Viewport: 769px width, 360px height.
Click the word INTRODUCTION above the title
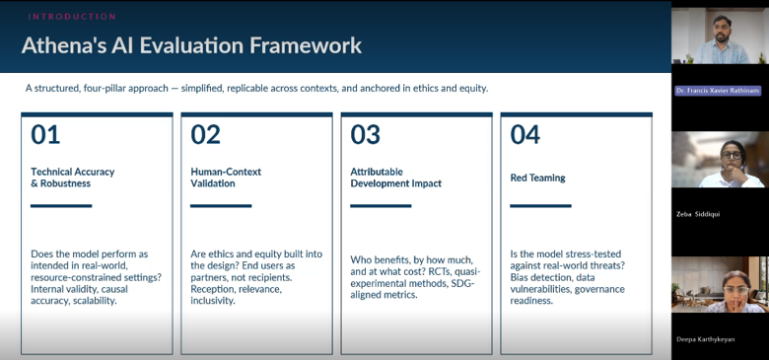(x=72, y=17)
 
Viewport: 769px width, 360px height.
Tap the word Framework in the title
(x=306, y=45)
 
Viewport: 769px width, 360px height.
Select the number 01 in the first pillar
(x=45, y=134)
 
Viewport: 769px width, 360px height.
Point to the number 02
(x=205, y=134)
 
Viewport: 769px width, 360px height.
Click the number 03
(x=366, y=134)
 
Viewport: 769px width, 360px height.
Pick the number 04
(x=525, y=134)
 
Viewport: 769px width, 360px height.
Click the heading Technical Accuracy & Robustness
(x=73, y=178)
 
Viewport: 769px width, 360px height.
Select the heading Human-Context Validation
(x=226, y=178)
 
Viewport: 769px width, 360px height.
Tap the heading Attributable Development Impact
(x=395, y=178)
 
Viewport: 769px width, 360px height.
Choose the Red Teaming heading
(x=537, y=179)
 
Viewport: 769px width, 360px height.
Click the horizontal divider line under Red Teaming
(x=541, y=206)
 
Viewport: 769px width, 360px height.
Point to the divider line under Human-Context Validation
(x=221, y=206)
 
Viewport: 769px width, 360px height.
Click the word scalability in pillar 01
(x=95, y=301)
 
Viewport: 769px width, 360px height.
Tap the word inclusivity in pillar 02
(x=213, y=301)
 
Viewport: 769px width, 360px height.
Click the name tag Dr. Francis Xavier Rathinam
(x=718, y=91)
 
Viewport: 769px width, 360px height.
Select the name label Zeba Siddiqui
(x=698, y=214)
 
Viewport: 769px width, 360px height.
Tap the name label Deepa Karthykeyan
(x=705, y=339)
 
